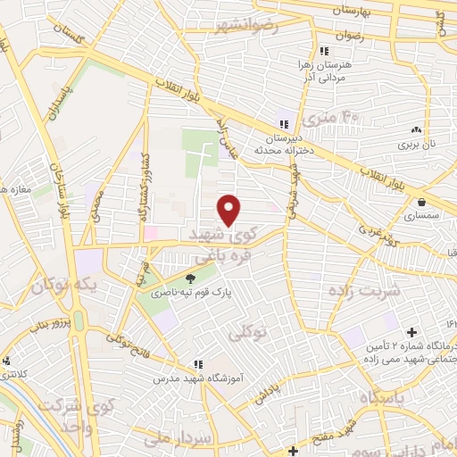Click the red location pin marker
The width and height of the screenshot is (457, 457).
(x=230, y=210)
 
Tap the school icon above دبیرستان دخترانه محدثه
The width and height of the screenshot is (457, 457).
(x=284, y=124)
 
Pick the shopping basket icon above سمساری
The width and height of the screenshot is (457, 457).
(x=420, y=201)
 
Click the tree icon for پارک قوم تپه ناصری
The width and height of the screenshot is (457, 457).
(x=187, y=278)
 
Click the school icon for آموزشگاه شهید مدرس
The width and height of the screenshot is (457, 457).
(x=199, y=364)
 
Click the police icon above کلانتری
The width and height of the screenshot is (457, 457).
(x=7, y=361)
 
